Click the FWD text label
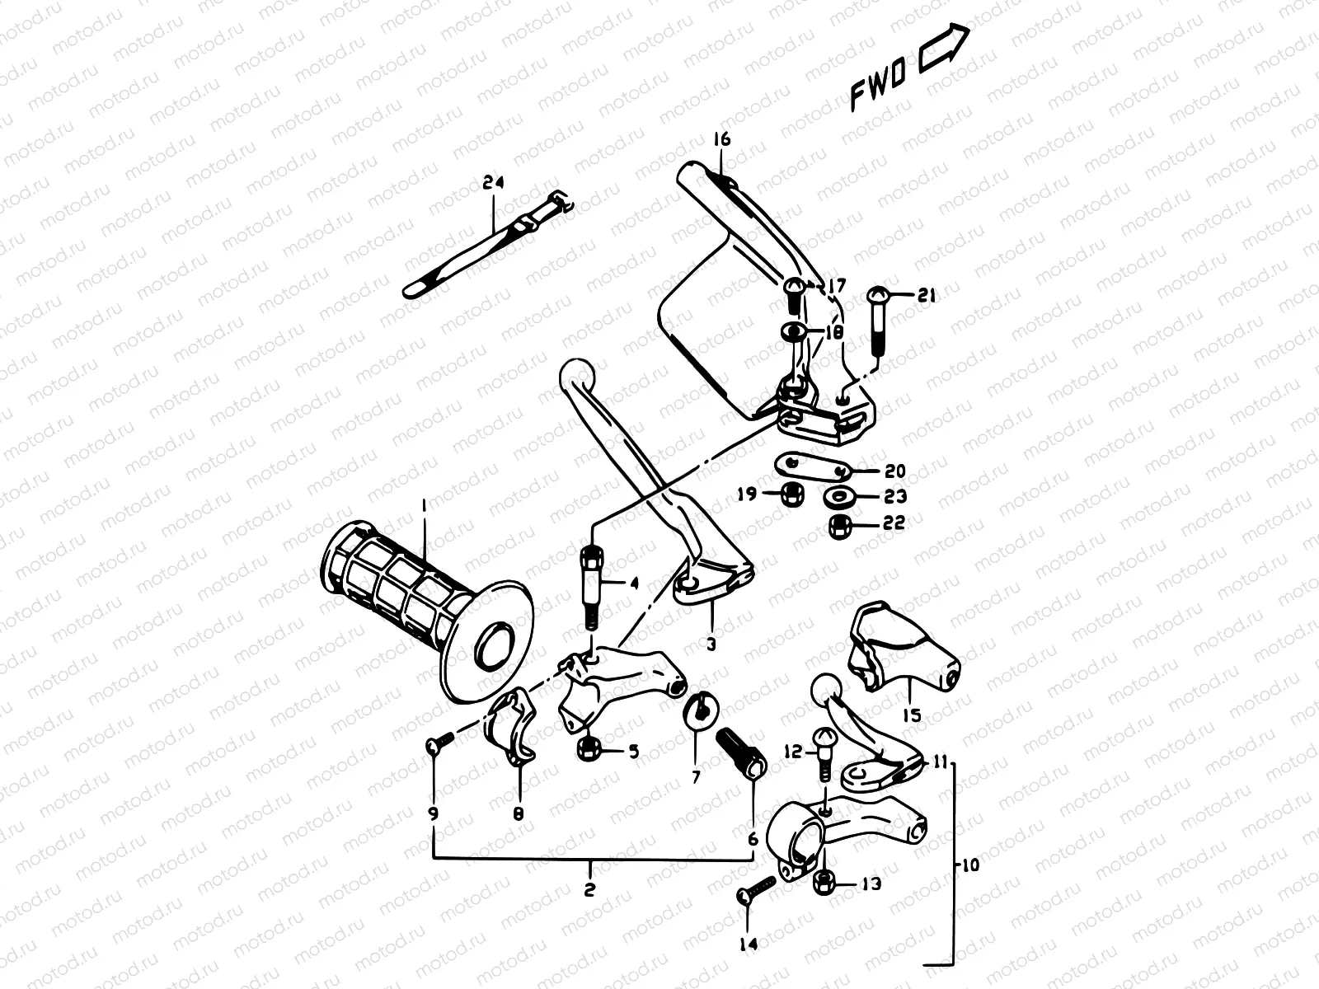tap(878, 85)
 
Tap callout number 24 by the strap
tap(493, 183)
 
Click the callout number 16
tap(721, 140)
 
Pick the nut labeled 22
tap(840, 523)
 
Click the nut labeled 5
tap(589, 749)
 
